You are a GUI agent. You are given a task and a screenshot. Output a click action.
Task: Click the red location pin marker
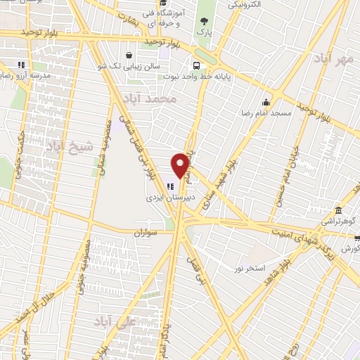[x=181, y=165]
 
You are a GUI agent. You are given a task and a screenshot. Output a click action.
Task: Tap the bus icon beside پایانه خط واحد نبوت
[x=195, y=65]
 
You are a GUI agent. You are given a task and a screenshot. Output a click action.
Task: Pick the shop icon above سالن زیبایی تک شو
[x=129, y=55]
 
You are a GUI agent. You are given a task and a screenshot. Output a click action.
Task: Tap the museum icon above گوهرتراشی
[x=339, y=210]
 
